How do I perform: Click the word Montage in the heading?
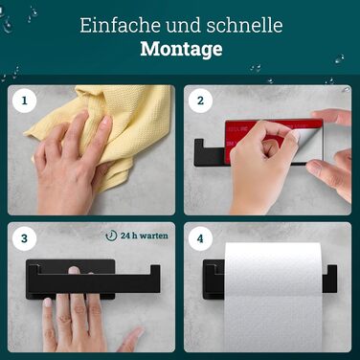(x=181, y=49)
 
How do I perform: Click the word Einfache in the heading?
(x=121, y=25)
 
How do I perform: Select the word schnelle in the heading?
(x=244, y=25)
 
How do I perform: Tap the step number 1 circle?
(x=24, y=101)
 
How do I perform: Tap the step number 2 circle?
(x=200, y=101)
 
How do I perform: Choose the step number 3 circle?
(x=24, y=238)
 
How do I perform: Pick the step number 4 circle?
(x=200, y=238)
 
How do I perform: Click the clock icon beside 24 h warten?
(x=111, y=236)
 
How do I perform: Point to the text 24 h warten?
(x=145, y=236)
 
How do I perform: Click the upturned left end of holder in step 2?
(x=199, y=152)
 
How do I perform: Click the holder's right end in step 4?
(x=329, y=279)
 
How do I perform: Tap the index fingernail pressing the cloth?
(x=107, y=120)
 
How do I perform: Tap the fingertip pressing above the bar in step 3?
(x=74, y=270)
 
